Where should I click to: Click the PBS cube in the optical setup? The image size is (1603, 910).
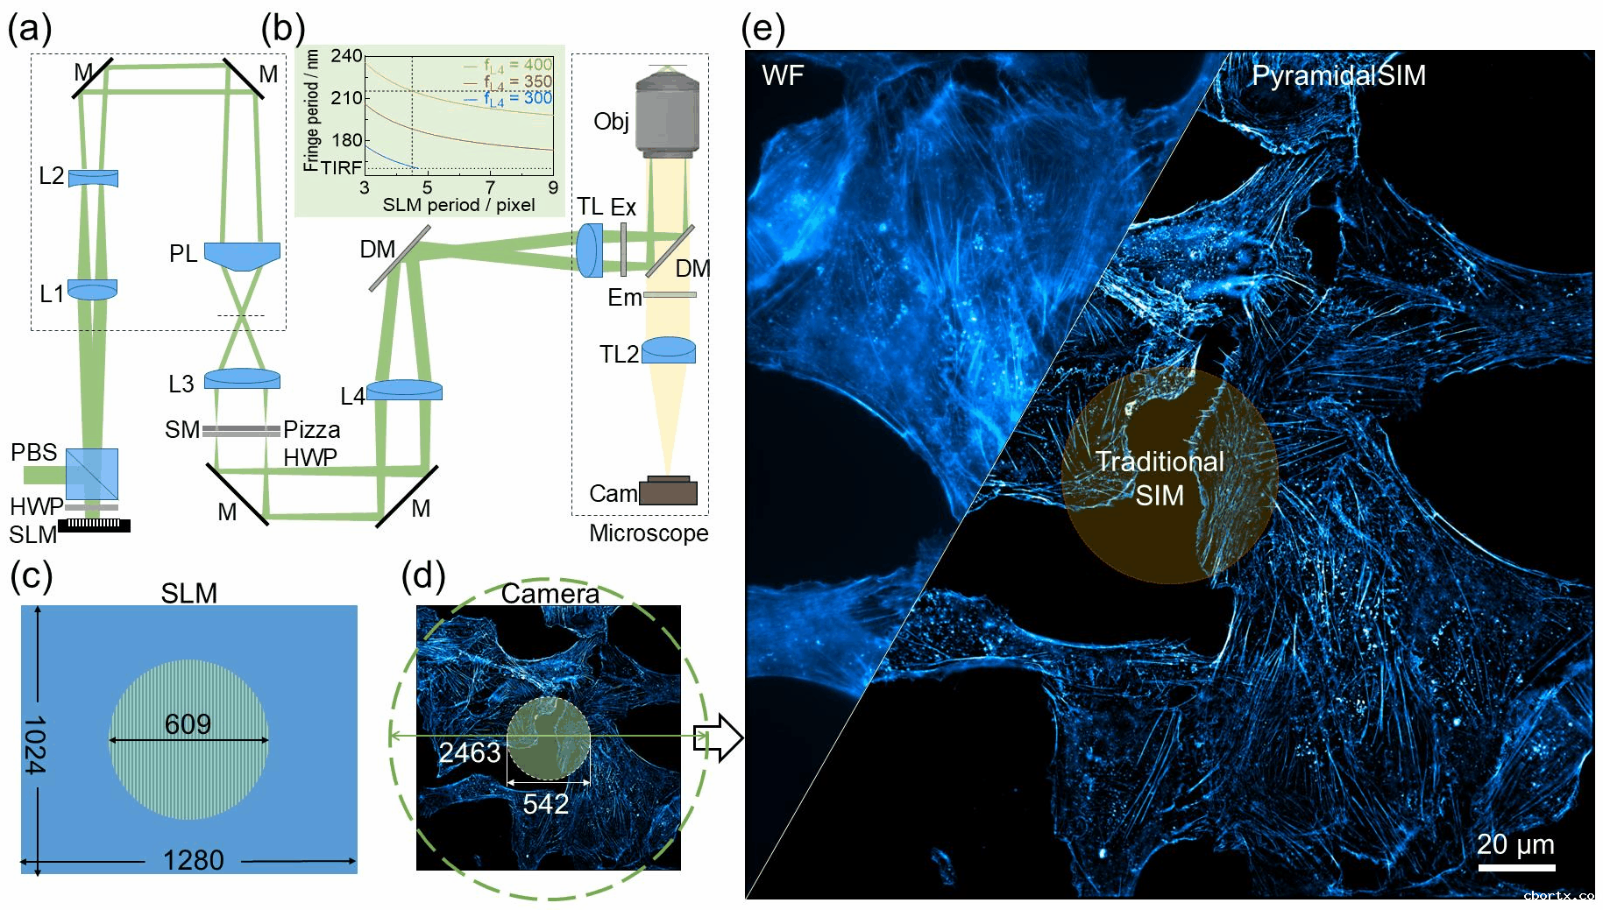click(x=92, y=474)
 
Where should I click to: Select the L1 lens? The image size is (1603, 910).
click(x=92, y=290)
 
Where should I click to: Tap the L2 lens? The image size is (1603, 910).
click(x=93, y=178)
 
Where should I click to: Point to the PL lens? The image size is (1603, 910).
click(x=242, y=255)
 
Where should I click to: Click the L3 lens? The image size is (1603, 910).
click(x=242, y=378)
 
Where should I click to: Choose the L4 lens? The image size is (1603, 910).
click(x=404, y=390)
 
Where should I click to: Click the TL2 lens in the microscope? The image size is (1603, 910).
click(x=669, y=350)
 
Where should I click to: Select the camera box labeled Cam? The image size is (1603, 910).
click(x=668, y=491)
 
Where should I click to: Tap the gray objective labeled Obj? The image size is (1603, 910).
click(x=668, y=114)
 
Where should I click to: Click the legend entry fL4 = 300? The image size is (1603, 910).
click(x=518, y=98)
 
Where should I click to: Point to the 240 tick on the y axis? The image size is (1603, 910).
click(x=346, y=56)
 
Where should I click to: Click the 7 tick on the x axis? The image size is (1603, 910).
click(x=490, y=187)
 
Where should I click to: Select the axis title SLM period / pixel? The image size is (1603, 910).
click(x=458, y=205)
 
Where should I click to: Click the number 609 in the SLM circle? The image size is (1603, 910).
click(x=188, y=724)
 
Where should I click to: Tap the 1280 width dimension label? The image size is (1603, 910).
click(x=194, y=860)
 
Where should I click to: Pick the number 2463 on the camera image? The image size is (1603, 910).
click(x=470, y=752)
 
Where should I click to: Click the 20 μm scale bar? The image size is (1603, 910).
click(x=1516, y=867)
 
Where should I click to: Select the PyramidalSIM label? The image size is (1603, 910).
click(x=1338, y=75)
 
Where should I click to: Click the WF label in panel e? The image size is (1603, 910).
click(x=783, y=75)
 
